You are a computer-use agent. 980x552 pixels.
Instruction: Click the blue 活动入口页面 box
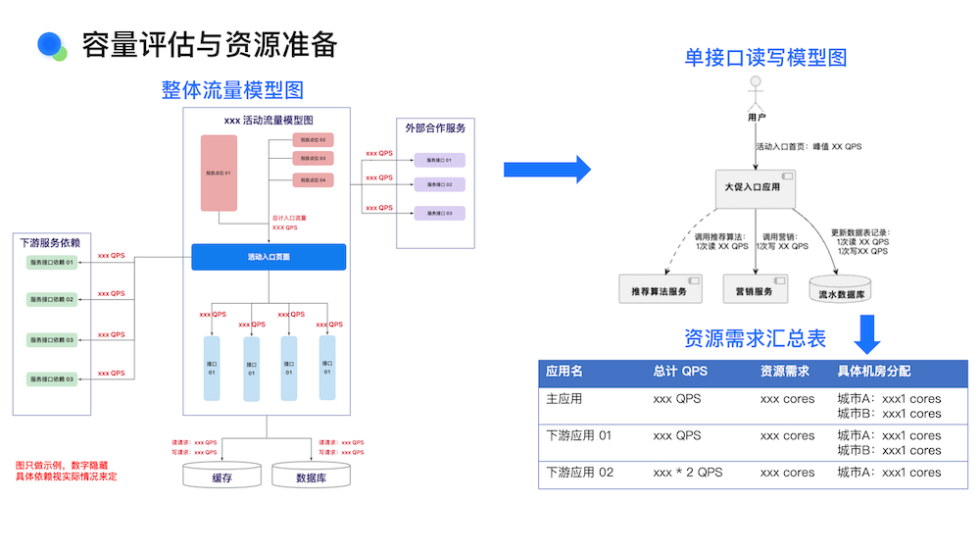pyautogui.click(x=269, y=257)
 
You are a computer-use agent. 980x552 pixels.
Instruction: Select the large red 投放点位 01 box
pyautogui.click(x=219, y=174)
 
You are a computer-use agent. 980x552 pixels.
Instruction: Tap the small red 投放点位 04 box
pyautogui.click(x=314, y=179)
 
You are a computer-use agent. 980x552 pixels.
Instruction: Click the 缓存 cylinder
pyautogui.click(x=222, y=477)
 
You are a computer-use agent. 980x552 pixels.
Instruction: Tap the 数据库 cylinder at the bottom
pyautogui.click(x=311, y=477)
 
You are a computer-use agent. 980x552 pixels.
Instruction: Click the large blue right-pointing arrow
pyautogui.click(x=547, y=170)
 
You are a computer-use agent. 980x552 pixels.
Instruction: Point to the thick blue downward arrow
pyautogui.click(x=865, y=334)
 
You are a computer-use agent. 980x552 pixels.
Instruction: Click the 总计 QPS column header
pyautogui.click(x=680, y=373)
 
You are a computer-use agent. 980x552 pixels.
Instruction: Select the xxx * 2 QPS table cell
pyautogui.click(x=687, y=472)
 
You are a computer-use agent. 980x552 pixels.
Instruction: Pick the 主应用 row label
pyautogui.click(x=563, y=399)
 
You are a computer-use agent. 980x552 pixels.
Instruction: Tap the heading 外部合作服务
pyautogui.click(x=435, y=127)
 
